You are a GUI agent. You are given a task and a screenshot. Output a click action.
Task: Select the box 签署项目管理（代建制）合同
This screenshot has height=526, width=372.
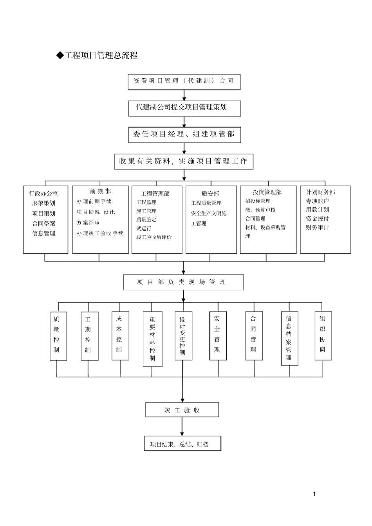coord(184,81)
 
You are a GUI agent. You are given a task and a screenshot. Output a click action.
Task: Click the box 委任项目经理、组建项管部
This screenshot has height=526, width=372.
coord(184,134)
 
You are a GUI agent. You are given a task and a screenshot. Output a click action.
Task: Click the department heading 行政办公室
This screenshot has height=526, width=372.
coord(43,194)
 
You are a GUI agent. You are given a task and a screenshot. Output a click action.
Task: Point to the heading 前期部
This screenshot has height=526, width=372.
coord(100,191)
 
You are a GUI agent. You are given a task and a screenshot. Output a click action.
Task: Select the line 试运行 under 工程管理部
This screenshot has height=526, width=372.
coord(144,228)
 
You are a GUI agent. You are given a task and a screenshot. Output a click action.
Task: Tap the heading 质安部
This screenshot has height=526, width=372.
coord(210,194)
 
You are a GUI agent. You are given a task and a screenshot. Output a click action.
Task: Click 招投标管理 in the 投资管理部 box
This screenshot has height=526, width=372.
coord(258,201)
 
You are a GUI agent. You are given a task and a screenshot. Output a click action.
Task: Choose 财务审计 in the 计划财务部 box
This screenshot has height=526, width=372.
coord(317,227)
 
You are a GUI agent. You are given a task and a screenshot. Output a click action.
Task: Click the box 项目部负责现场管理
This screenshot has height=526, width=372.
coord(183,282)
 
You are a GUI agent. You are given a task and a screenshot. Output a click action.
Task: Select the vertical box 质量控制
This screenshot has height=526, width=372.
coord(56,336)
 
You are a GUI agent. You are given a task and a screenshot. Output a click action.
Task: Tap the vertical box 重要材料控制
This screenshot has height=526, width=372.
coord(152,339)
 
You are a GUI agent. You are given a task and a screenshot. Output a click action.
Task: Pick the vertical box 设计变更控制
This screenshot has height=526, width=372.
coord(182,336)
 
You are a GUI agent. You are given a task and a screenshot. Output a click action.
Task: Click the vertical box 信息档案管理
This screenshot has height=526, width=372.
coord(289,338)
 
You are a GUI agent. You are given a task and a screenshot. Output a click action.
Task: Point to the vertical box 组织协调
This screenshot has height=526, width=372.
coord(322,335)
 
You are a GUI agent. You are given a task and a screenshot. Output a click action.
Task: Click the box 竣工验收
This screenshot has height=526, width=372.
coord(182,410)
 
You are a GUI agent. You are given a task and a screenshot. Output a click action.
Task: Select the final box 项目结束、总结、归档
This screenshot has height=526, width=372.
coord(182,444)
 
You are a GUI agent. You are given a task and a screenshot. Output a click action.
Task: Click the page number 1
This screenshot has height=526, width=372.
coord(314,494)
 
